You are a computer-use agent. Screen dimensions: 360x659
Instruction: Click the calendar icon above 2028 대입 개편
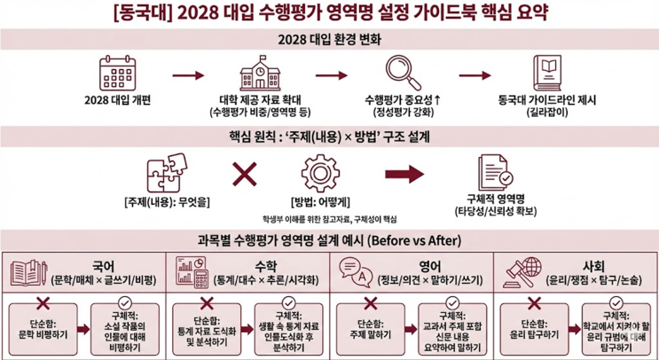tap(117, 71)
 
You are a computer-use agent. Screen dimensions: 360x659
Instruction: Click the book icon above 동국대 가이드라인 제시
tap(547, 71)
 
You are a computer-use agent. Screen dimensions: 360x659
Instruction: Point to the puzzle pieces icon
tap(167, 173)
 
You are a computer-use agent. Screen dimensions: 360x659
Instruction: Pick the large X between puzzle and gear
tap(244, 174)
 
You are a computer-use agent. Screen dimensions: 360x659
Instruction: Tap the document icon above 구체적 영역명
tap(493, 172)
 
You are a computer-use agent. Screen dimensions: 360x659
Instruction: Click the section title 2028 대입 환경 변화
tap(328, 38)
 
